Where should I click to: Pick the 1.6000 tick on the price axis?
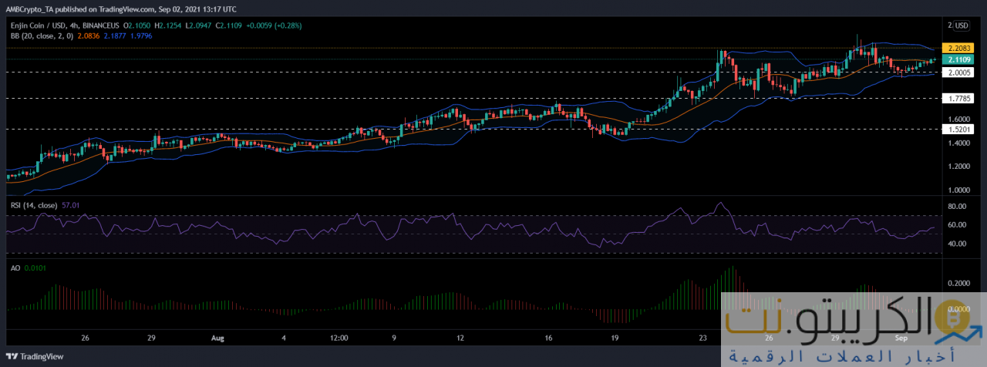[x=959, y=120]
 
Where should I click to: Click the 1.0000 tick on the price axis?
[x=959, y=190]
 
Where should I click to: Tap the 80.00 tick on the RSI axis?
[x=958, y=207]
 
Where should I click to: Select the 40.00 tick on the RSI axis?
[x=958, y=244]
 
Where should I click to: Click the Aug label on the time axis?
[x=217, y=338]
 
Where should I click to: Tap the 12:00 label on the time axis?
[x=339, y=338]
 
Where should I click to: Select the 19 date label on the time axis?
[x=615, y=338]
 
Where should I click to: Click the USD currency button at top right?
[x=959, y=25]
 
